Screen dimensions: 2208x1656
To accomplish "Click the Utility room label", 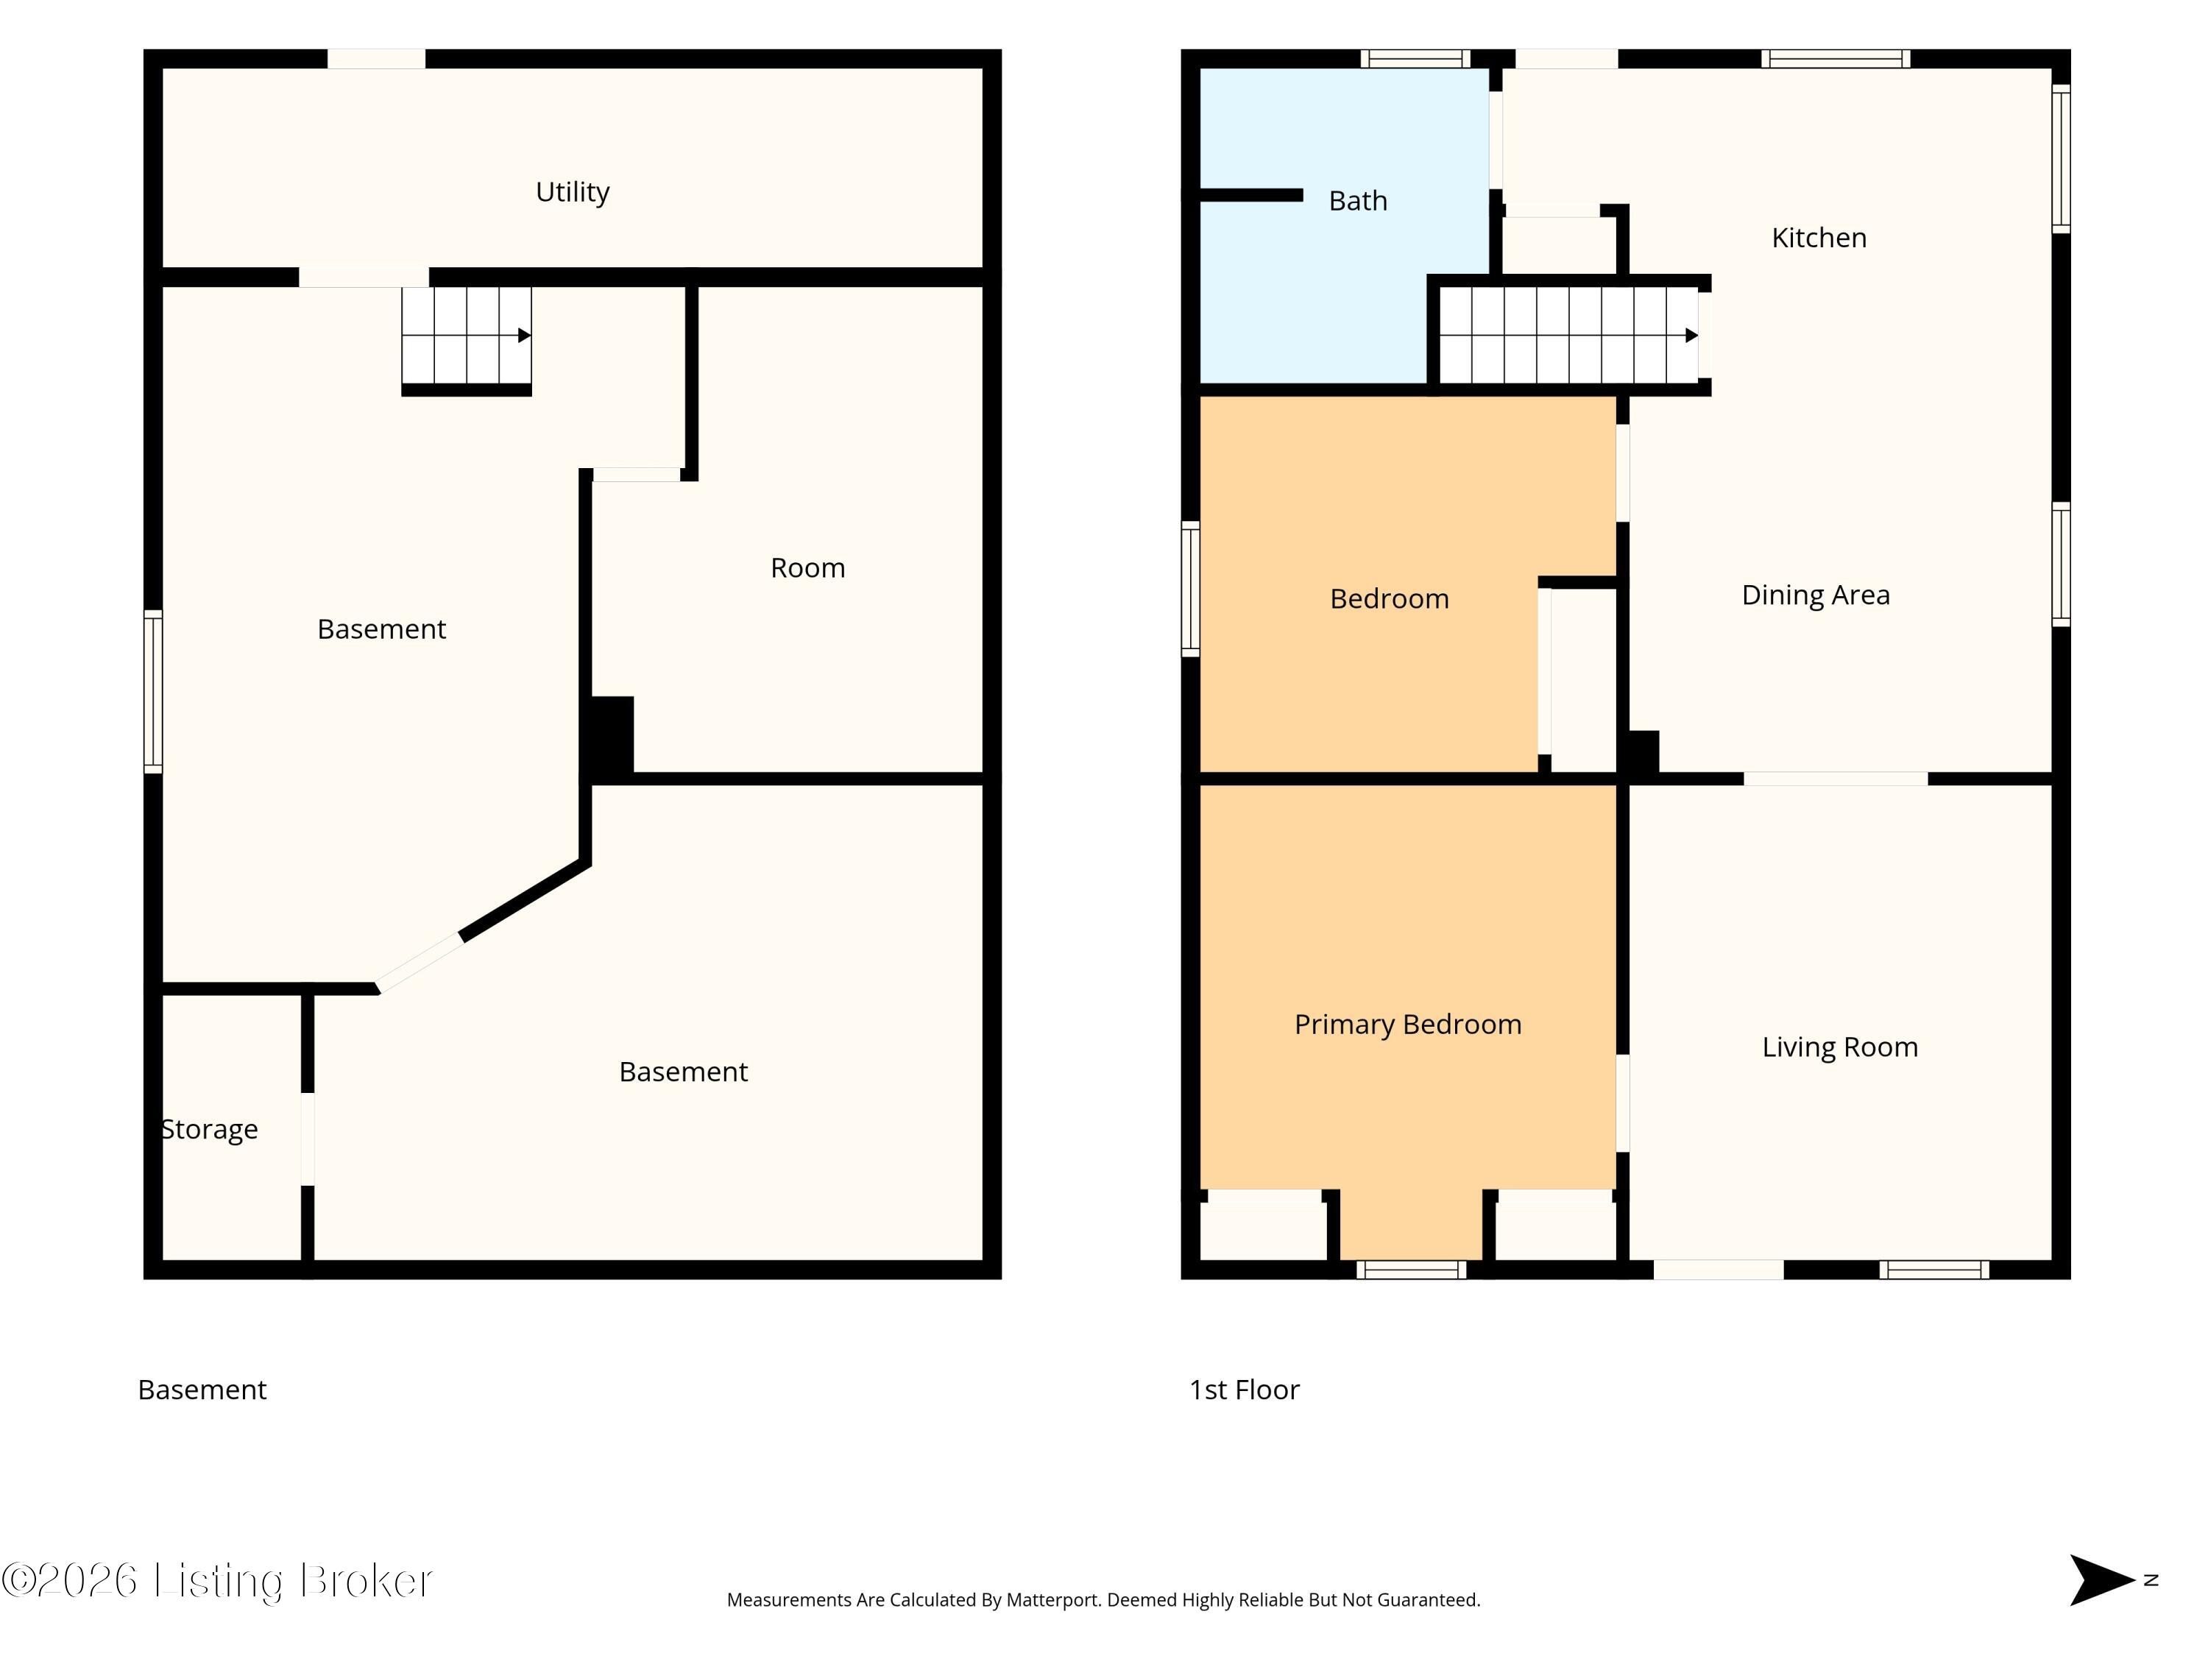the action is pyautogui.click(x=572, y=191).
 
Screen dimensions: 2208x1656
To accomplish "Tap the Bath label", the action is pyautogui.click(x=1357, y=201).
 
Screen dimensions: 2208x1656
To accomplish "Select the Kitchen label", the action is pyautogui.click(x=1819, y=238).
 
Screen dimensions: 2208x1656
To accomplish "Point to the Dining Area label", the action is pyautogui.click(x=1816, y=595).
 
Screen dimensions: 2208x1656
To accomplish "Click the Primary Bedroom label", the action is pyautogui.click(x=1407, y=1025).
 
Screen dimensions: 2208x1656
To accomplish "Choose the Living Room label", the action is pyautogui.click(x=1840, y=1047).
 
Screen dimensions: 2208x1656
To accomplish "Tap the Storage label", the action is pyautogui.click(x=210, y=1130).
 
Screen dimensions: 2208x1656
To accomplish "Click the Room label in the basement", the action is pyautogui.click(x=807, y=568).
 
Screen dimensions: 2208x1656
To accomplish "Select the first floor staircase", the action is pyautogui.click(x=1568, y=336).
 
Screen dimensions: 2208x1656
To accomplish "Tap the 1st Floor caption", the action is pyautogui.click(x=1244, y=1390).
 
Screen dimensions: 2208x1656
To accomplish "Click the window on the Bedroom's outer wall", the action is pyautogui.click(x=1190, y=589).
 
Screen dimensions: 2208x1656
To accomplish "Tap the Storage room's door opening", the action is pyautogui.click(x=308, y=1139).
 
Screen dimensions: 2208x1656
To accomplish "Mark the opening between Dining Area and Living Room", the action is pyautogui.click(x=1836, y=779).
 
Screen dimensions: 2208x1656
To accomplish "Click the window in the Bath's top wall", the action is pyautogui.click(x=1415, y=59).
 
